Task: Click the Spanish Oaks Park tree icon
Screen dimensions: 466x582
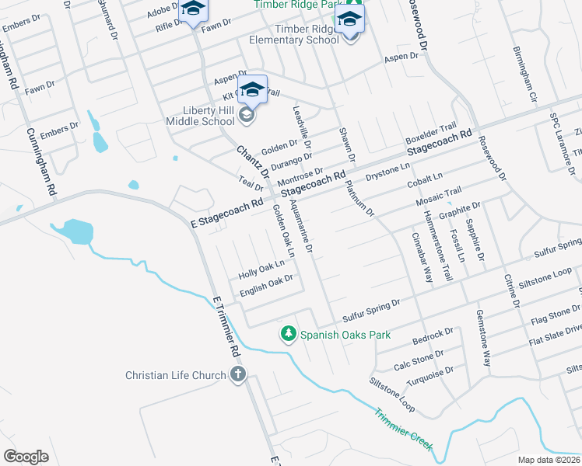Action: tap(289, 334)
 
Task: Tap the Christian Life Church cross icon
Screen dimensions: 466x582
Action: tap(238, 375)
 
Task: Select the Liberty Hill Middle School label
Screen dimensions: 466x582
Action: tap(200, 115)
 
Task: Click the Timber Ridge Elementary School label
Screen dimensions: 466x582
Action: tap(294, 34)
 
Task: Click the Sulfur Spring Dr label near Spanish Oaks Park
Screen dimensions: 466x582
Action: tap(370, 308)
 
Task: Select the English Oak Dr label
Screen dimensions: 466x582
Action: tap(266, 285)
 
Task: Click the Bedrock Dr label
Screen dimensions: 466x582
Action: tap(433, 335)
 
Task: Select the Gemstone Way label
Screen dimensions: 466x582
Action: tap(483, 339)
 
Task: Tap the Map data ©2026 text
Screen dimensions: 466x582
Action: tap(549, 460)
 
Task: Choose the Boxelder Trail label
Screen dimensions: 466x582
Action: tap(431, 133)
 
